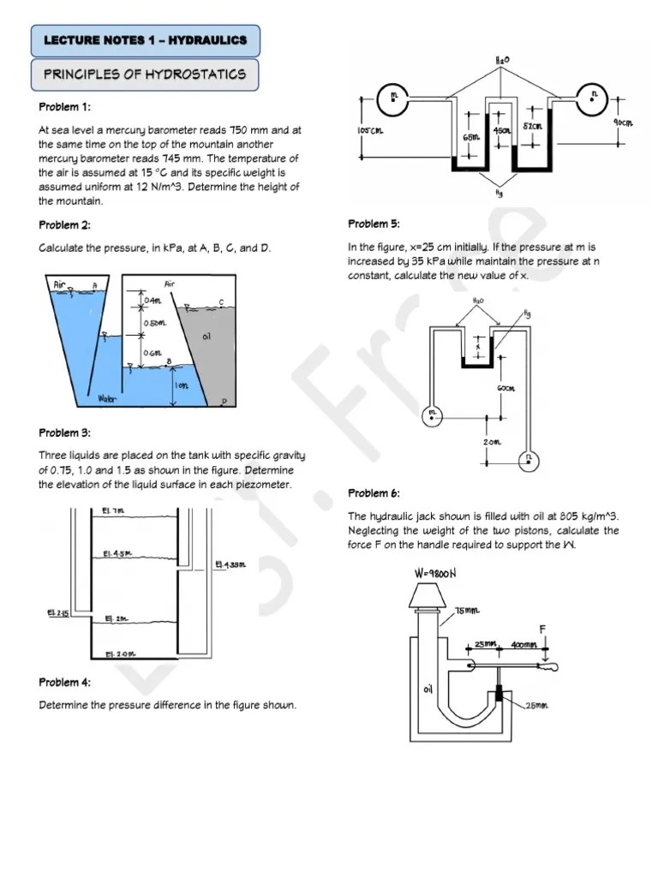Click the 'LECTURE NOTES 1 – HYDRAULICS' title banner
[145, 40]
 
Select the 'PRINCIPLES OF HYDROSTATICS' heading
[145, 75]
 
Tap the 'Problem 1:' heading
[64, 107]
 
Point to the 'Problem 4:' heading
[64, 683]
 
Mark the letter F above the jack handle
[542, 629]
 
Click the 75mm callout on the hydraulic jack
[469, 610]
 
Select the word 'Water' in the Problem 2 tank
[107, 398]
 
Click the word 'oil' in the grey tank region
[206, 337]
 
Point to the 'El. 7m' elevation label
[114, 510]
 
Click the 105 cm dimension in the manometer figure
[369, 130]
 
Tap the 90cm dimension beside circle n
[623, 123]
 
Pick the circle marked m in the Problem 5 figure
[432, 414]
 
